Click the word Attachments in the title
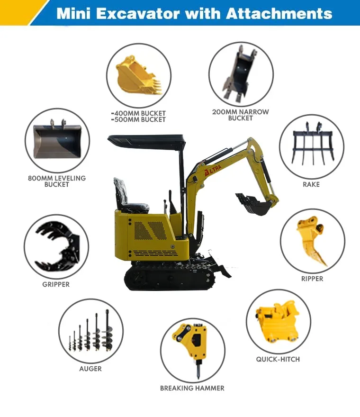(x=279, y=13)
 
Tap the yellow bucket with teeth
(x=134, y=76)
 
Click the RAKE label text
(x=311, y=184)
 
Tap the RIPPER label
(x=312, y=279)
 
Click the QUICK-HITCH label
(x=278, y=359)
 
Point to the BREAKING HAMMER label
(x=192, y=388)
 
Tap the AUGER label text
(x=90, y=369)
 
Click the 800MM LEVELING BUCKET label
(x=57, y=181)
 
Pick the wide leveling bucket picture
(x=57, y=140)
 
